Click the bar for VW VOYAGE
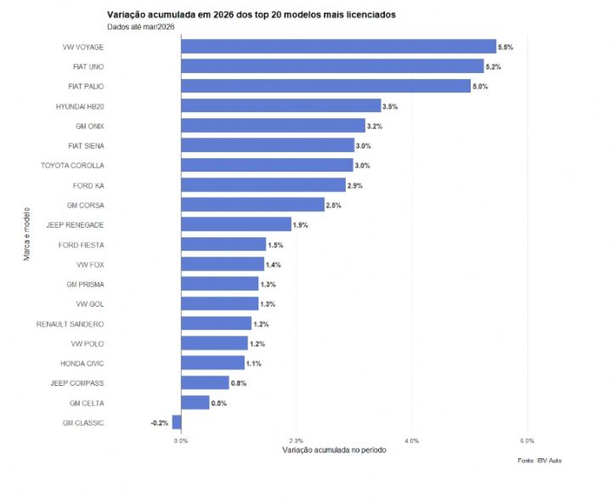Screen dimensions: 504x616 [338, 47]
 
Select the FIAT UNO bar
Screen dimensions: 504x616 [332, 66]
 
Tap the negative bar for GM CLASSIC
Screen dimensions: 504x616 [177, 422]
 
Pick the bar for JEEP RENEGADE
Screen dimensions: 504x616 [236, 224]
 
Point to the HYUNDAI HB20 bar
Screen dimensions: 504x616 [281, 106]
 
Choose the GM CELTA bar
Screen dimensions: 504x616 [195, 403]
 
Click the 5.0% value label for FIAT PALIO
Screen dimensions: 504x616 [480, 87]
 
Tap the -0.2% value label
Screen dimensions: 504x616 [160, 422]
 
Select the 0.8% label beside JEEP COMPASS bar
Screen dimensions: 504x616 [239, 383]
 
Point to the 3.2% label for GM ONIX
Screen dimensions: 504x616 [374, 126]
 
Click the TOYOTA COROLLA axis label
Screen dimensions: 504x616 [72, 166]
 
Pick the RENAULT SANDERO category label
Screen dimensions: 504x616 [70, 324]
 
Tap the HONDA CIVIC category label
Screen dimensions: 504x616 [82, 363]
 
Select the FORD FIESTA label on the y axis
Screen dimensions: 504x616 [81, 245]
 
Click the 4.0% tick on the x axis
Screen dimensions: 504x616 [411, 441]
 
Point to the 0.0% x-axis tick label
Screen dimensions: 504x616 [181, 441]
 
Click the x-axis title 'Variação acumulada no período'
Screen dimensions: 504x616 [334, 450]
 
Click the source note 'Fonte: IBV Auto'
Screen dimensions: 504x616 [539, 461]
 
